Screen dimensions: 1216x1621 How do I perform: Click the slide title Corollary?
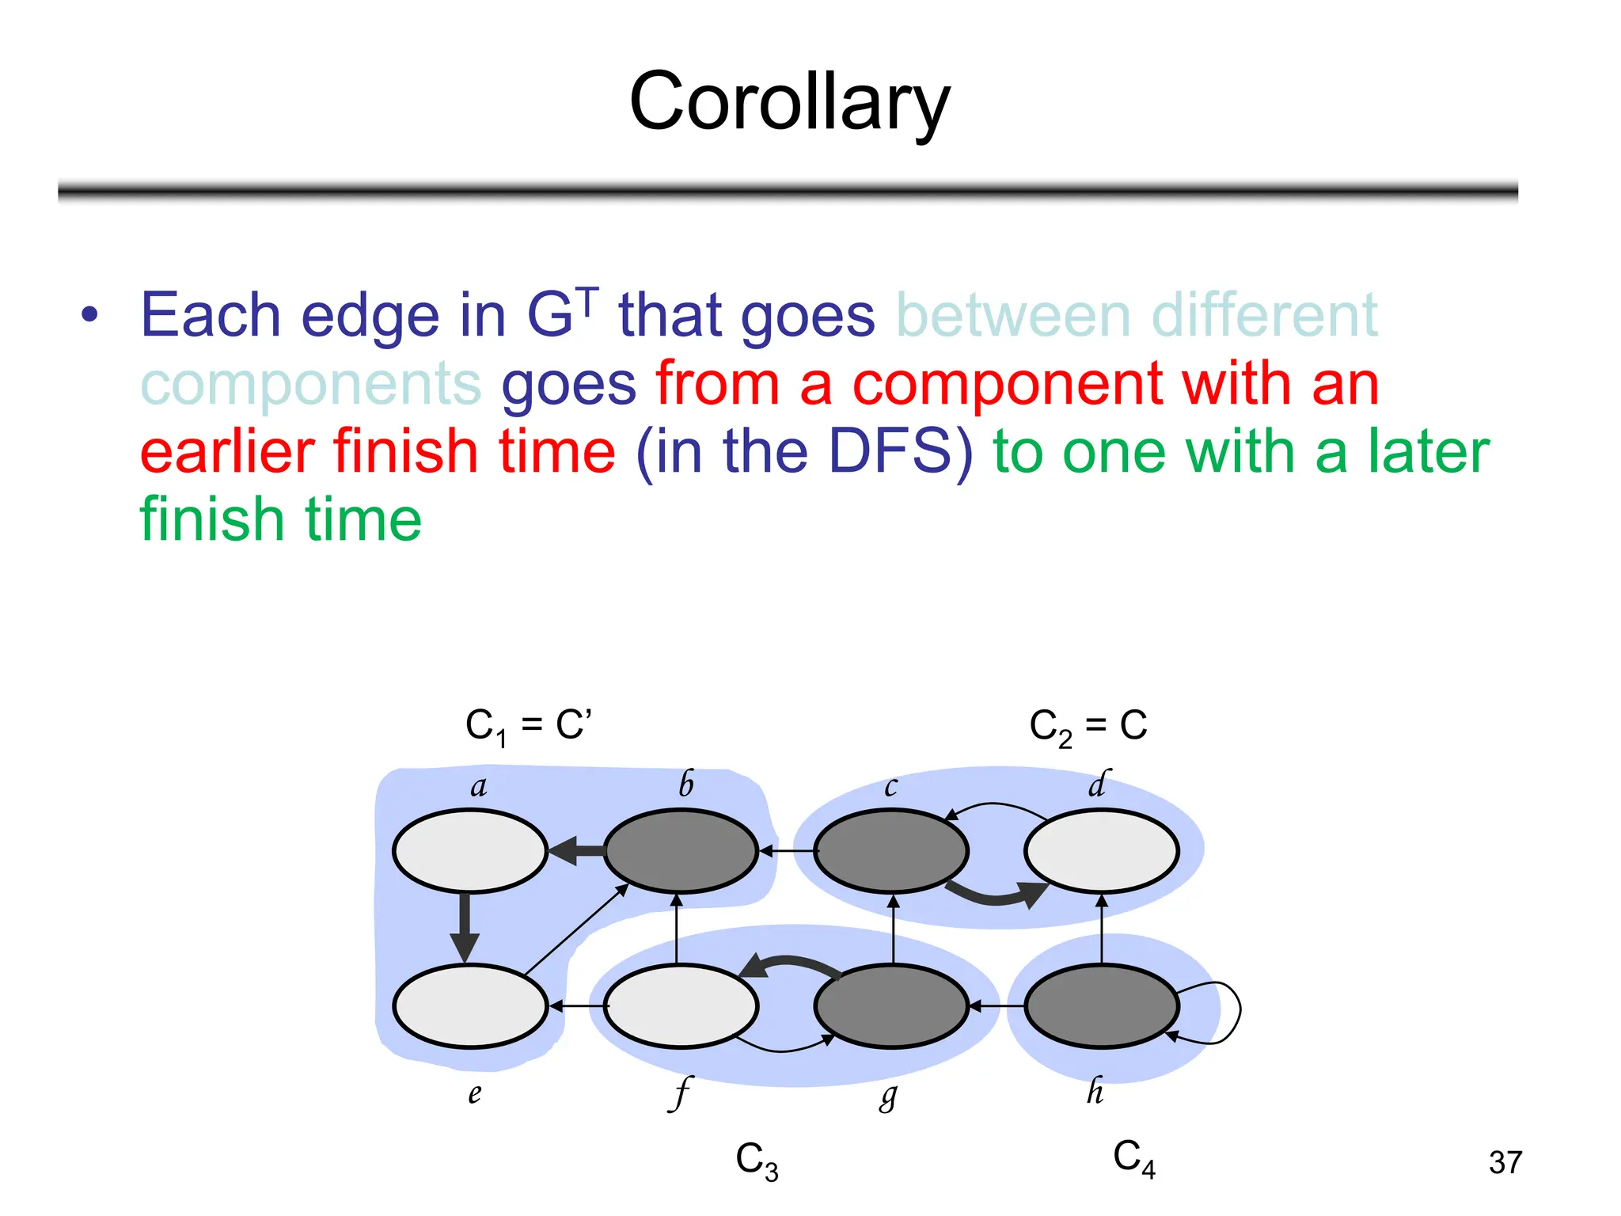pos(789,101)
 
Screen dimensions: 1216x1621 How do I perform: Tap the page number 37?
pos(1505,1162)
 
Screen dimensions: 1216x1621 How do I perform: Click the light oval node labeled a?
pos(470,851)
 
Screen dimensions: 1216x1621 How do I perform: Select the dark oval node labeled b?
pos(681,851)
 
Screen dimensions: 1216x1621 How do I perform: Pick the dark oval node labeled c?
pos(891,851)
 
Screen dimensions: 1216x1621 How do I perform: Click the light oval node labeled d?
pos(1101,851)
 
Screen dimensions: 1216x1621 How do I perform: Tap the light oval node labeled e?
pos(470,1006)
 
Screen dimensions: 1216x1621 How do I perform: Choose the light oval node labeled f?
pos(681,1006)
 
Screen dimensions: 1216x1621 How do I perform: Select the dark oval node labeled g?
pos(891,1006)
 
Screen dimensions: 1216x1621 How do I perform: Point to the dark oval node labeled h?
pos(1101,1006)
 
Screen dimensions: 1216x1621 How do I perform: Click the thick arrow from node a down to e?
pos(465,926)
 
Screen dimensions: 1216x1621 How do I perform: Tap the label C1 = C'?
pos(528,726)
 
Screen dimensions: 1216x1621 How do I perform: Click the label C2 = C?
pos(1088,726)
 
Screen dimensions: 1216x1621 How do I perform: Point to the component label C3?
pos(757,1161)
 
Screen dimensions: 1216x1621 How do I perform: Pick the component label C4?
pos(1133,1158)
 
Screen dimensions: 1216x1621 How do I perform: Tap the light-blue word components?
pos(310,385)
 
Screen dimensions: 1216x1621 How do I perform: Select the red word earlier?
pos(226,451)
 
